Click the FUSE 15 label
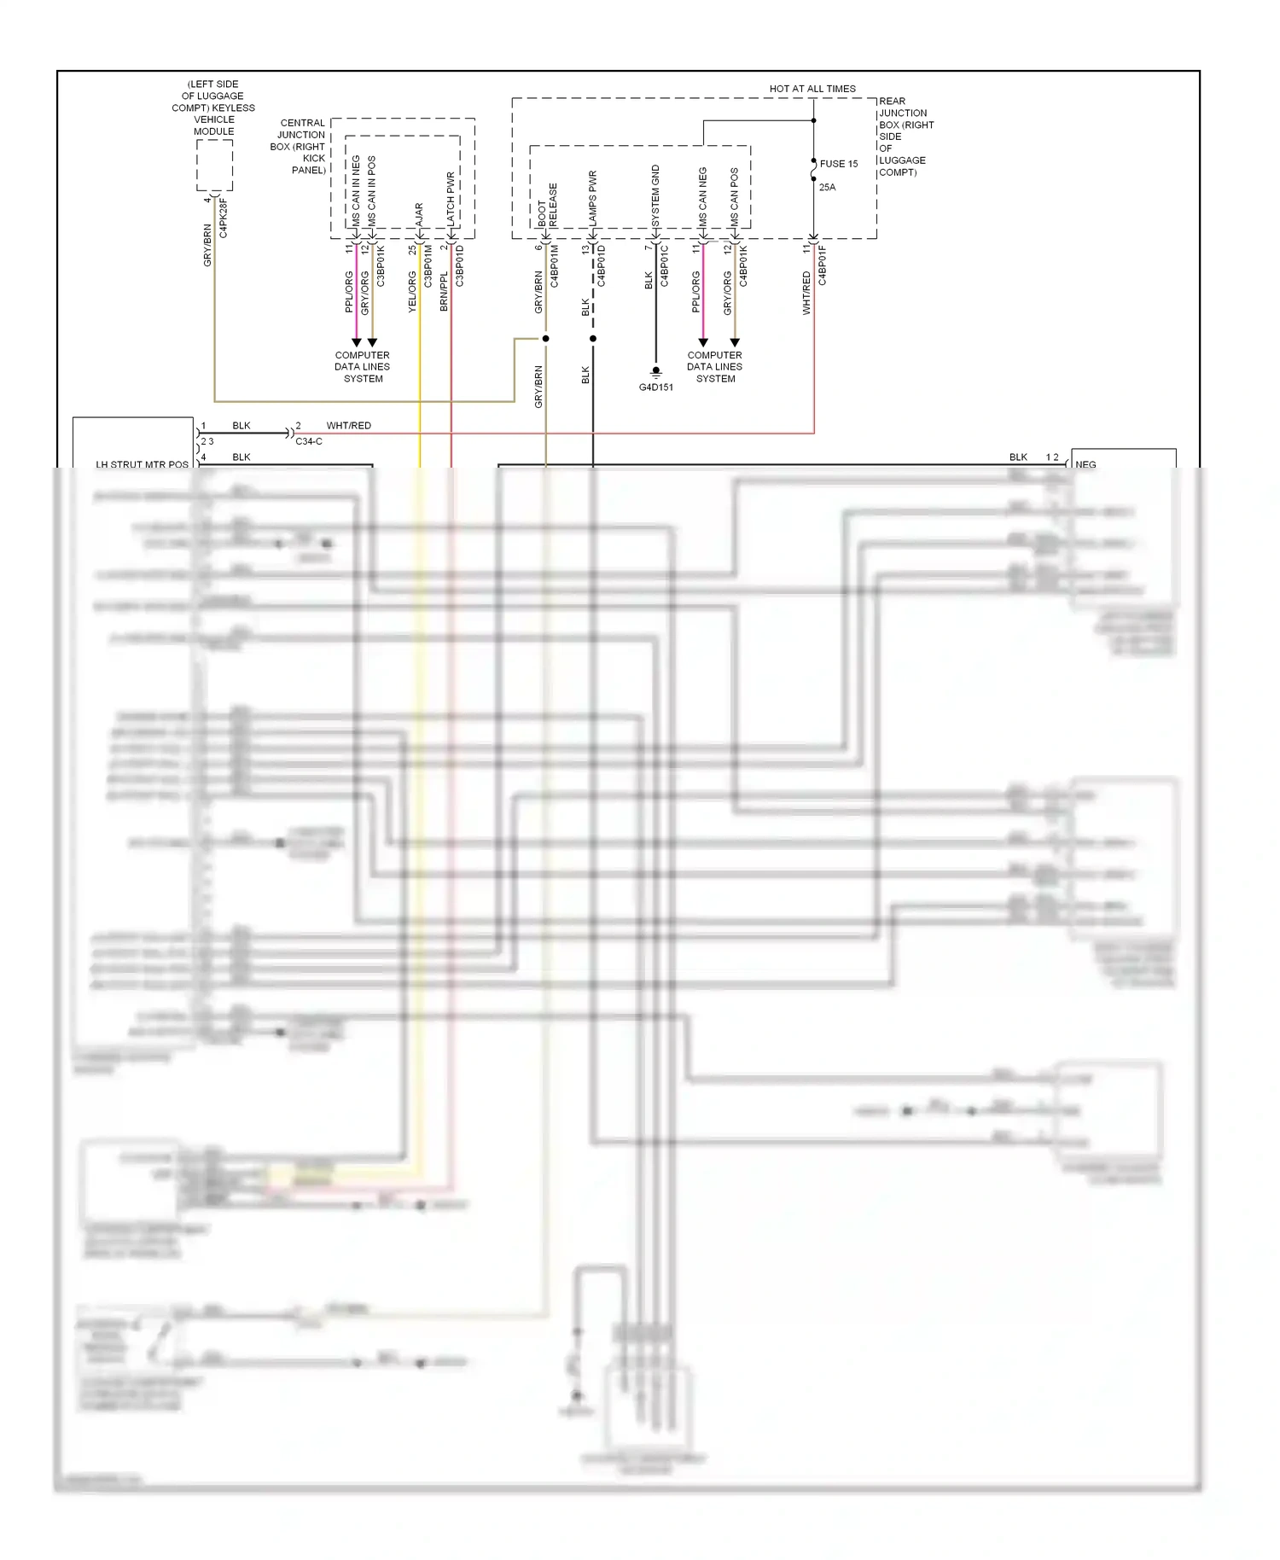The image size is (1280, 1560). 838,164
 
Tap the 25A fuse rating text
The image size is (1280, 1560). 827,187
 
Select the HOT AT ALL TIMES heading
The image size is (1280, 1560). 812,89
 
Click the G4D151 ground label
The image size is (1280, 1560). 655,387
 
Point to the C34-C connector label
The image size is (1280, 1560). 309,441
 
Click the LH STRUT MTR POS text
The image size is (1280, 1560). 142,464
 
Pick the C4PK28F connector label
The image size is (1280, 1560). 224,218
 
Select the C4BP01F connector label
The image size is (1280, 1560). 823,265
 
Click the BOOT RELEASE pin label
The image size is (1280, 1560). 547,205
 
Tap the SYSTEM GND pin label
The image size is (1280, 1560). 655,195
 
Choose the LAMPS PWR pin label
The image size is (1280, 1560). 592,198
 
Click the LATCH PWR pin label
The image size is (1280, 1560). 451,199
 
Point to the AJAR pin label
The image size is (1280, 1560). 419,213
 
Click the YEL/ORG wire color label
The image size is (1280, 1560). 412,292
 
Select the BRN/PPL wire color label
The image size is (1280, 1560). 444,291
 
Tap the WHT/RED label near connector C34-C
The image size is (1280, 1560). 348,425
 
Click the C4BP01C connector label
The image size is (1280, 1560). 665,265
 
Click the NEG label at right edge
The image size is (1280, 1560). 1085,464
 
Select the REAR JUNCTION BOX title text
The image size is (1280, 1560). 905,137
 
